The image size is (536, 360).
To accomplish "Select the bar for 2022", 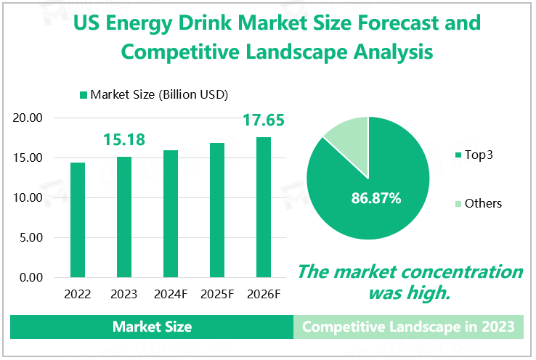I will click(x=78, y=220).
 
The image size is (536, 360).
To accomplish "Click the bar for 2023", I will click(x=124, y=217).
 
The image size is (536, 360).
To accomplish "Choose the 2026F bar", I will click(x=264, y=208).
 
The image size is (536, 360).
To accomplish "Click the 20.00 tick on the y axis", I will click(x=30, y=118).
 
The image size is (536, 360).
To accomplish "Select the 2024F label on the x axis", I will click(x=171, y=294).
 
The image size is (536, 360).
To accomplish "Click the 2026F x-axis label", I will click(x=264, y=294).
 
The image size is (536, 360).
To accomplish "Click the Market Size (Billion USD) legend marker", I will click(x=84, y=95).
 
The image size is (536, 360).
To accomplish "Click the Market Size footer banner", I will click(x=152, y=327).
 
